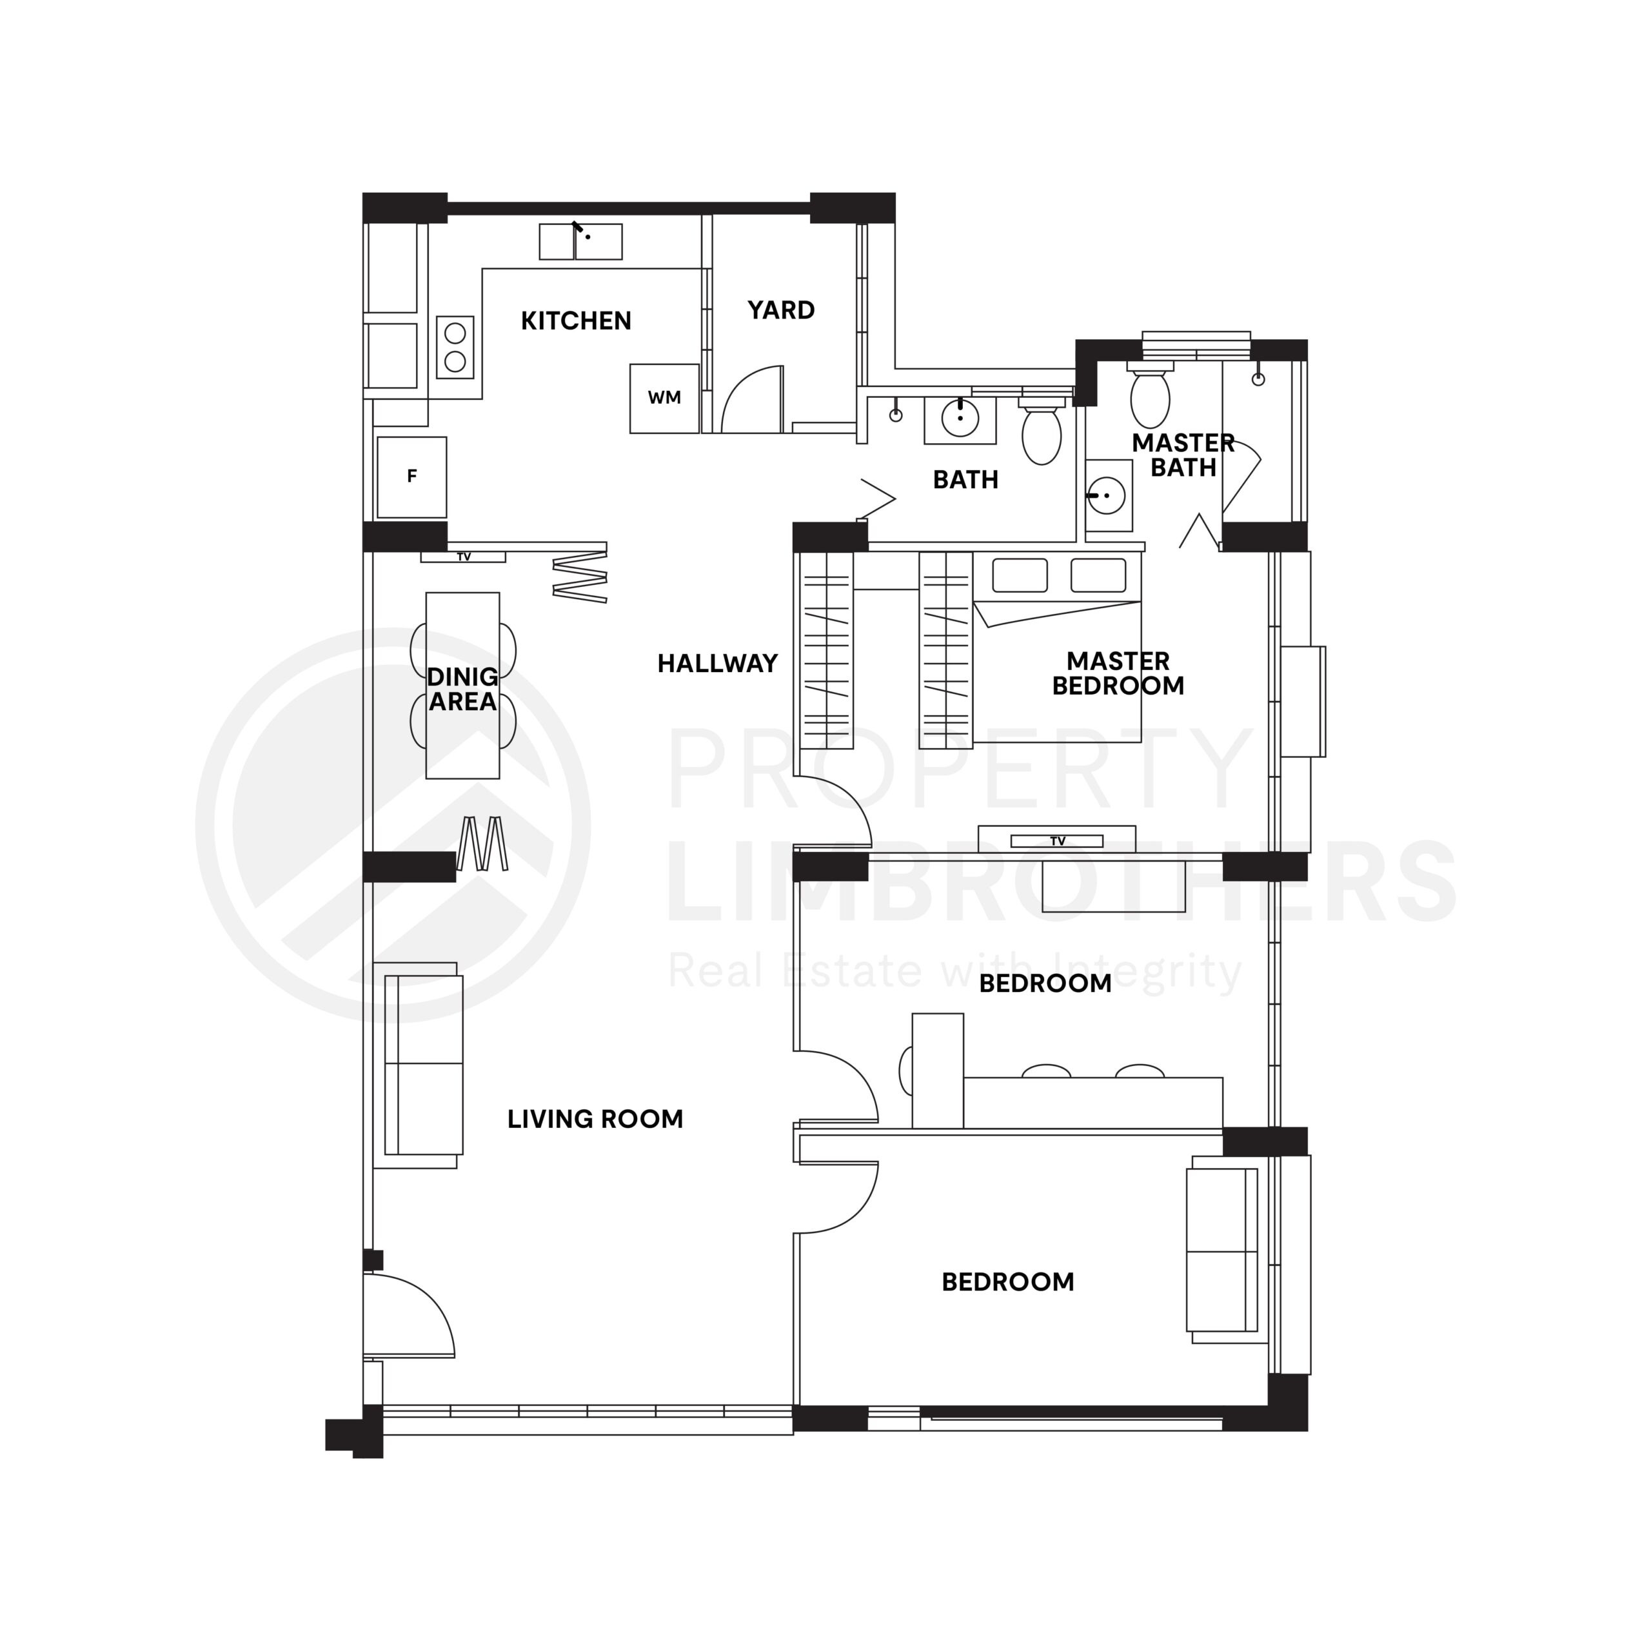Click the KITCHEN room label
(576, 321)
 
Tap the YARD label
(781, 310)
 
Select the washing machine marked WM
(664, 398)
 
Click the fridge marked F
(412, 477)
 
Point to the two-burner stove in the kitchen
(455, 347)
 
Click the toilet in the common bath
(1042, 431)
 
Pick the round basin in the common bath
(960, 419)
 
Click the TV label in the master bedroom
(1057, 841)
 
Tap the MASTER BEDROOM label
(1118, 673)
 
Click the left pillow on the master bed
(1020, 575)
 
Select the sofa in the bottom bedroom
(1223, 1249)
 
